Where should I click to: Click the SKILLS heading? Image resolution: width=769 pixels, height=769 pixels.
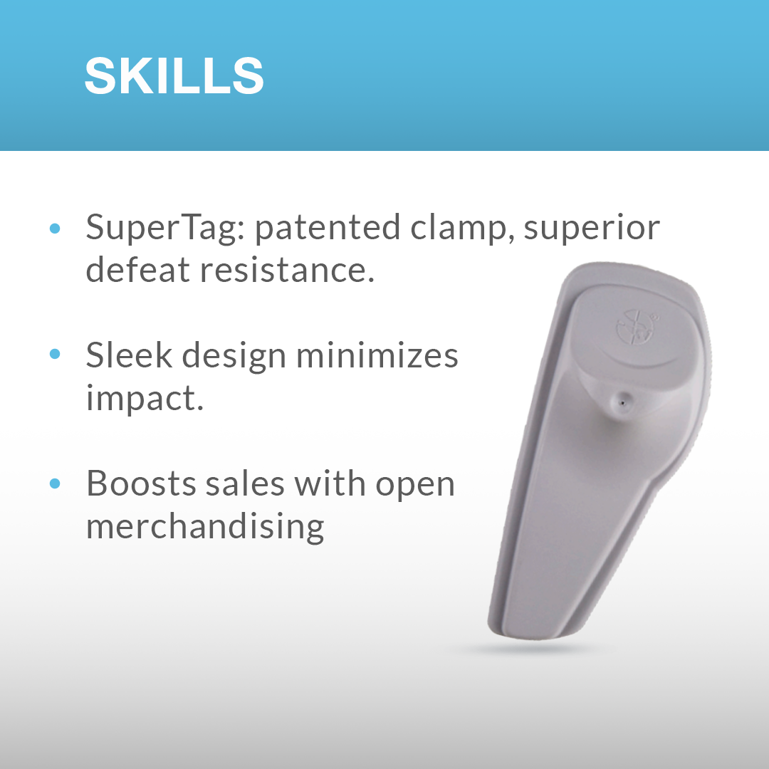click(174, 75)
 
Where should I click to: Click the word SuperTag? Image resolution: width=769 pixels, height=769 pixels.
click(165, 228)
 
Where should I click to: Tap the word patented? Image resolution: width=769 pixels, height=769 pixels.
click(328, 228)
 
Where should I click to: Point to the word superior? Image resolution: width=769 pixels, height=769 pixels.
click(592, 228)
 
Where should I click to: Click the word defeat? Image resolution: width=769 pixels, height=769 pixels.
click(138, 269)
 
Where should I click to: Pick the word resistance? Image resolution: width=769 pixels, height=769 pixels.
click(288, 271)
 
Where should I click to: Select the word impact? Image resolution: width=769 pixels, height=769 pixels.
click(145, 398)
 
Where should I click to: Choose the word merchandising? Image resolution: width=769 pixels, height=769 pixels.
click(205, 526)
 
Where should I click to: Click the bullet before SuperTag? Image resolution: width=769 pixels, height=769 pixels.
click(55, 228)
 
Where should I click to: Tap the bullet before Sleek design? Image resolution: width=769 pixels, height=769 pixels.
click(55, 354)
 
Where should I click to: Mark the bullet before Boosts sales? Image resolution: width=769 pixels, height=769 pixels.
click(55, 483)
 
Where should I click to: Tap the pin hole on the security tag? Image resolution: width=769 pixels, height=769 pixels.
click(622, 402)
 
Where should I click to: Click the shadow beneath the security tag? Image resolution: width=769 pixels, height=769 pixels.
click(527, 649)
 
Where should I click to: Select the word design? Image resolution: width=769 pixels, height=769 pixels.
click(234, 356)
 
